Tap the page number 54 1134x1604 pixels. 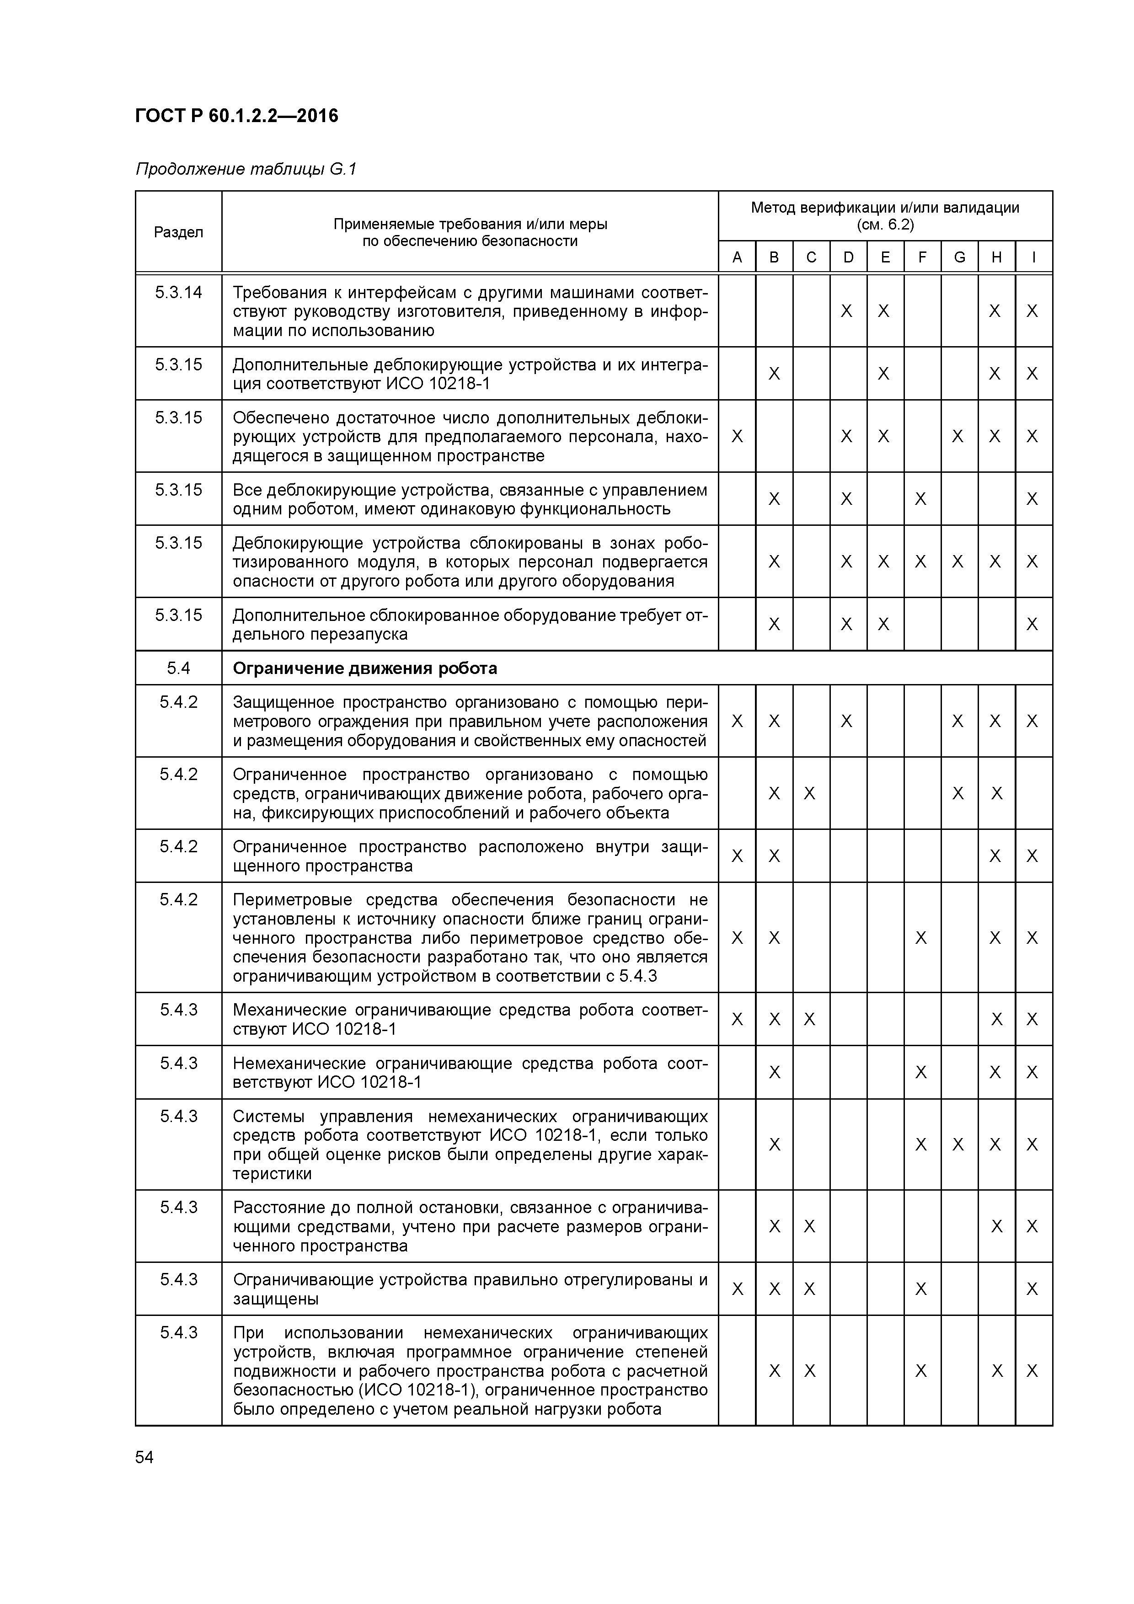click(144, 1457)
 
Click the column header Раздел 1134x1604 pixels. click(178, 232)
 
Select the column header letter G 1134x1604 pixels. click(959, 257)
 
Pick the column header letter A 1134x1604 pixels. click(737, 257)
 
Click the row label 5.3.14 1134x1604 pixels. click(178, 292)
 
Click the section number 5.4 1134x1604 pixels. click(178, 668)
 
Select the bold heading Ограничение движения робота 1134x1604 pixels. click(365, 668)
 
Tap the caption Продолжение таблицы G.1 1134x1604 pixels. click(246, 169)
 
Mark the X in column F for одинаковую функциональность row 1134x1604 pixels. click(921, 499)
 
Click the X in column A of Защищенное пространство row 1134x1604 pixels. click(737, 721)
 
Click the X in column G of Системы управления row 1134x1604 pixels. click(958, 1144)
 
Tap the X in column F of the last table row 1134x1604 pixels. click(921, 1371)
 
